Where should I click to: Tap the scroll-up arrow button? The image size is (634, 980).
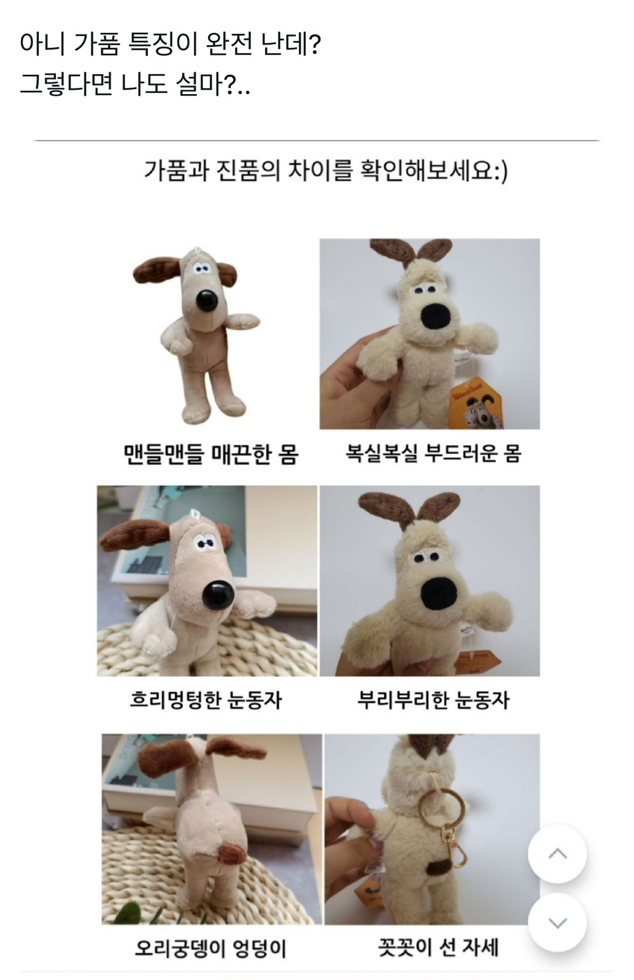557,854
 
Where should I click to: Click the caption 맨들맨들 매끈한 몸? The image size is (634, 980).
211,454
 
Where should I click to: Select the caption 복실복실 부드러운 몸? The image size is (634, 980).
433,453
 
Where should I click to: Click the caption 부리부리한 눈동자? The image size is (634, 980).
433,700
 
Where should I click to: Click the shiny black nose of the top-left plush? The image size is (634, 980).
207,301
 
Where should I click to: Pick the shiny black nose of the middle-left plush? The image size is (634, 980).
219,596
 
